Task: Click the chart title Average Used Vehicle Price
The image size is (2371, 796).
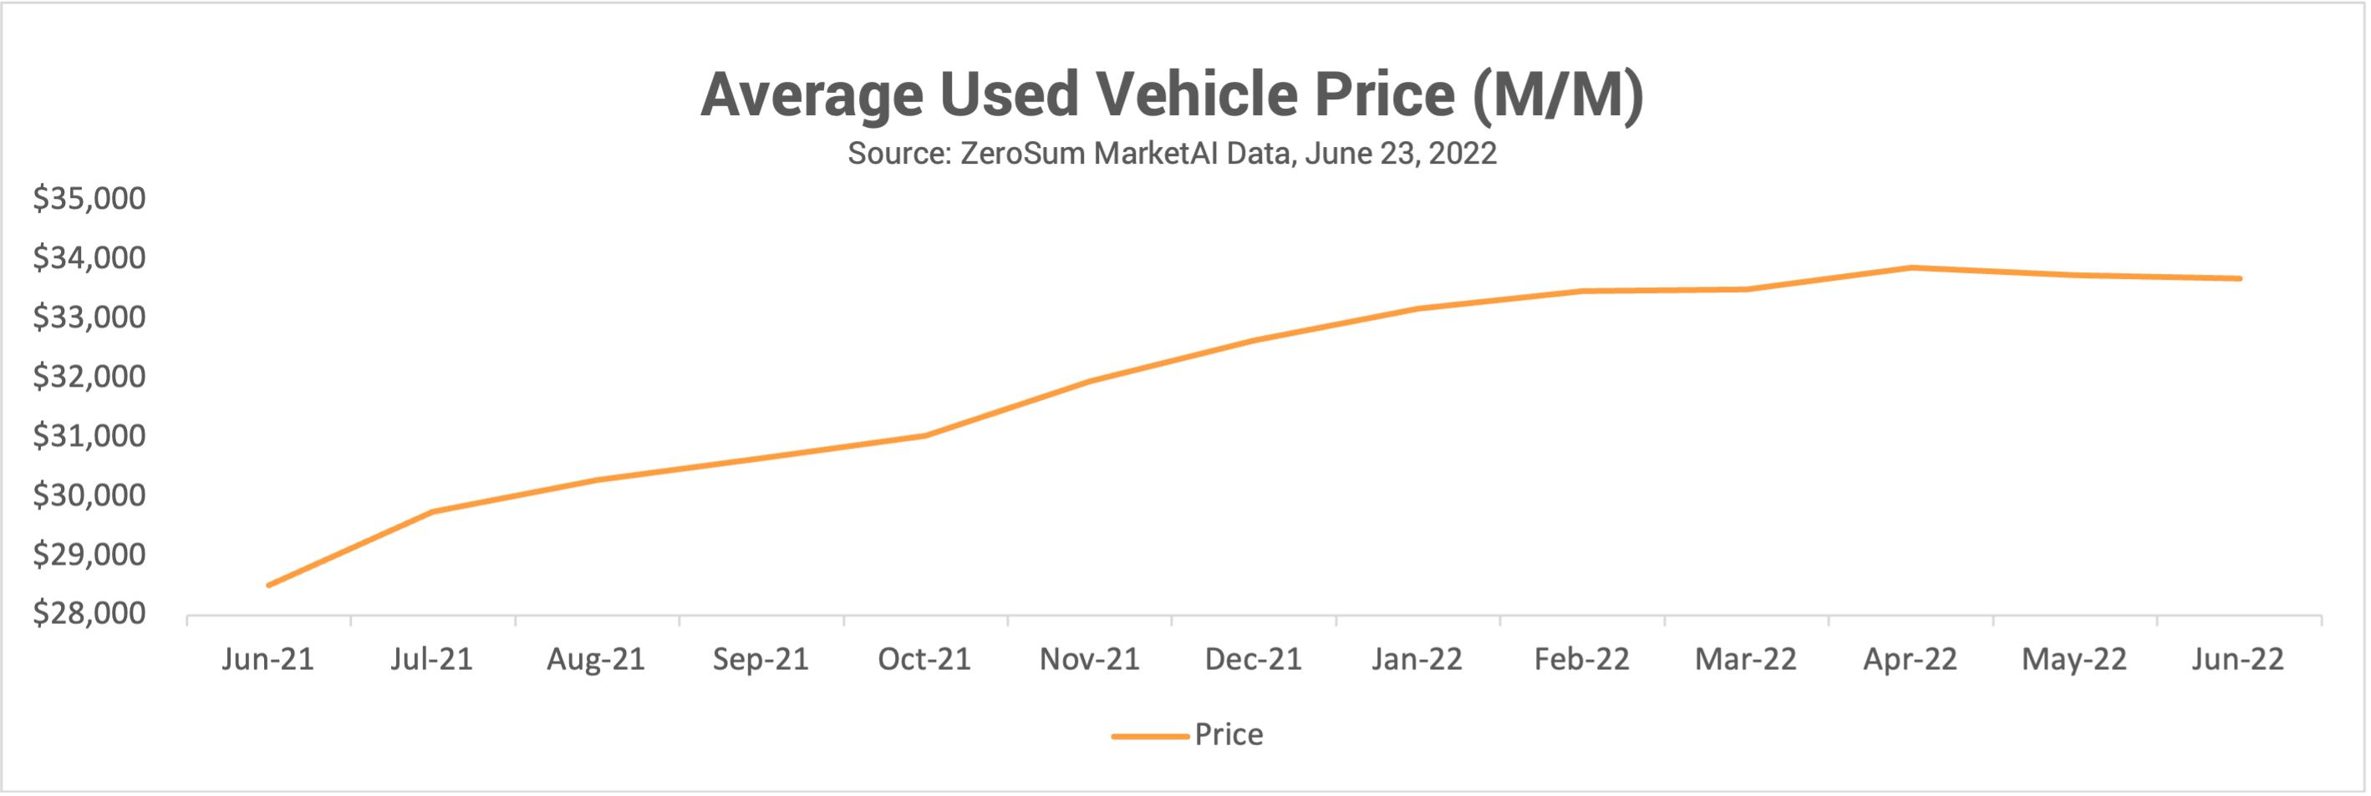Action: pos(1171,94)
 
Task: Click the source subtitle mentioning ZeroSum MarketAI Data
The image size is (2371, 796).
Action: pos(1171,153)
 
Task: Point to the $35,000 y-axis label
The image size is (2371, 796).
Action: pos(89,199)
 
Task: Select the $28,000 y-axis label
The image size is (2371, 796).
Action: pos(89,613)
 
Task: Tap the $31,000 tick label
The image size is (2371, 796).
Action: pos(89,435)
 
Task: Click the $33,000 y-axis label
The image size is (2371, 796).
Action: pos(89,317)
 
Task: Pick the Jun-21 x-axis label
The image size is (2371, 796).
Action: pos(267,659)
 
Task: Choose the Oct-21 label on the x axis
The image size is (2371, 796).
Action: pos(924,659)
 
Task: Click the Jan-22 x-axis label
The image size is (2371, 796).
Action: pos(1417,659)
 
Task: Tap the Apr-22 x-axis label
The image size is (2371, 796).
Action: pos(1910,659)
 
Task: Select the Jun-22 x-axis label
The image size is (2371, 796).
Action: pos(2237,659)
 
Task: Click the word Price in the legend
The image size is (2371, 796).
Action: pos(1228,734)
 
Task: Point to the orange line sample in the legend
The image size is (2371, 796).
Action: pos(1150,736)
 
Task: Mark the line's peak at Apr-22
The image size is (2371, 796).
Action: pos(1911,268)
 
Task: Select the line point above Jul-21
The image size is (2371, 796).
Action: pos(433,512)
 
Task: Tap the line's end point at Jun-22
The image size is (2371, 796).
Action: pos(2238,278)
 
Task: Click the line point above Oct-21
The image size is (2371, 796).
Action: pos(925,435)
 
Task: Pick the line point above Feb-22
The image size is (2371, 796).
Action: pos(1582,291)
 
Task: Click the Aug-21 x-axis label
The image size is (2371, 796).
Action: pos(596,659)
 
